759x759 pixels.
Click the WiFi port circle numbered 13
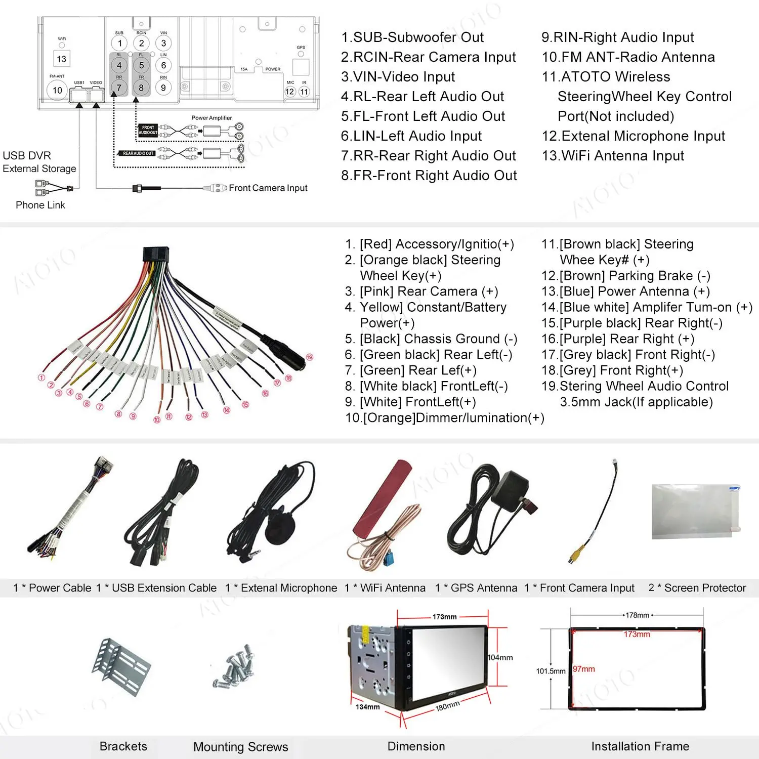click(61, 59)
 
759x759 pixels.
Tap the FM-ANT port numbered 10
click(57, 90)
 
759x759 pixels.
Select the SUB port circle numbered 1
click(119, 43)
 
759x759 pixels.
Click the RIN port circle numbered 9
click(163, 88)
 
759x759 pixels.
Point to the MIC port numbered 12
click(290, 92)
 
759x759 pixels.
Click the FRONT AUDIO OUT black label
click(148, 130)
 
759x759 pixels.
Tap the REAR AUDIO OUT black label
click(138, 153)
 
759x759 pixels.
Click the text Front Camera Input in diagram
click(268, 188)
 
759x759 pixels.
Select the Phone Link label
click(40, 205)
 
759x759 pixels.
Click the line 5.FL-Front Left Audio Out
click(423, 116)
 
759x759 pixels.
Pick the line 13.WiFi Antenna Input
click(612, 156)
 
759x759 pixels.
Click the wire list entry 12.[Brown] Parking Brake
click(625, 276)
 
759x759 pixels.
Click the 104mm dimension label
click(500, 657)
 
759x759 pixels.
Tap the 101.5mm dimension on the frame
click(551, 671)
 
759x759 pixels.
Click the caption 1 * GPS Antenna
click(476, 588)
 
